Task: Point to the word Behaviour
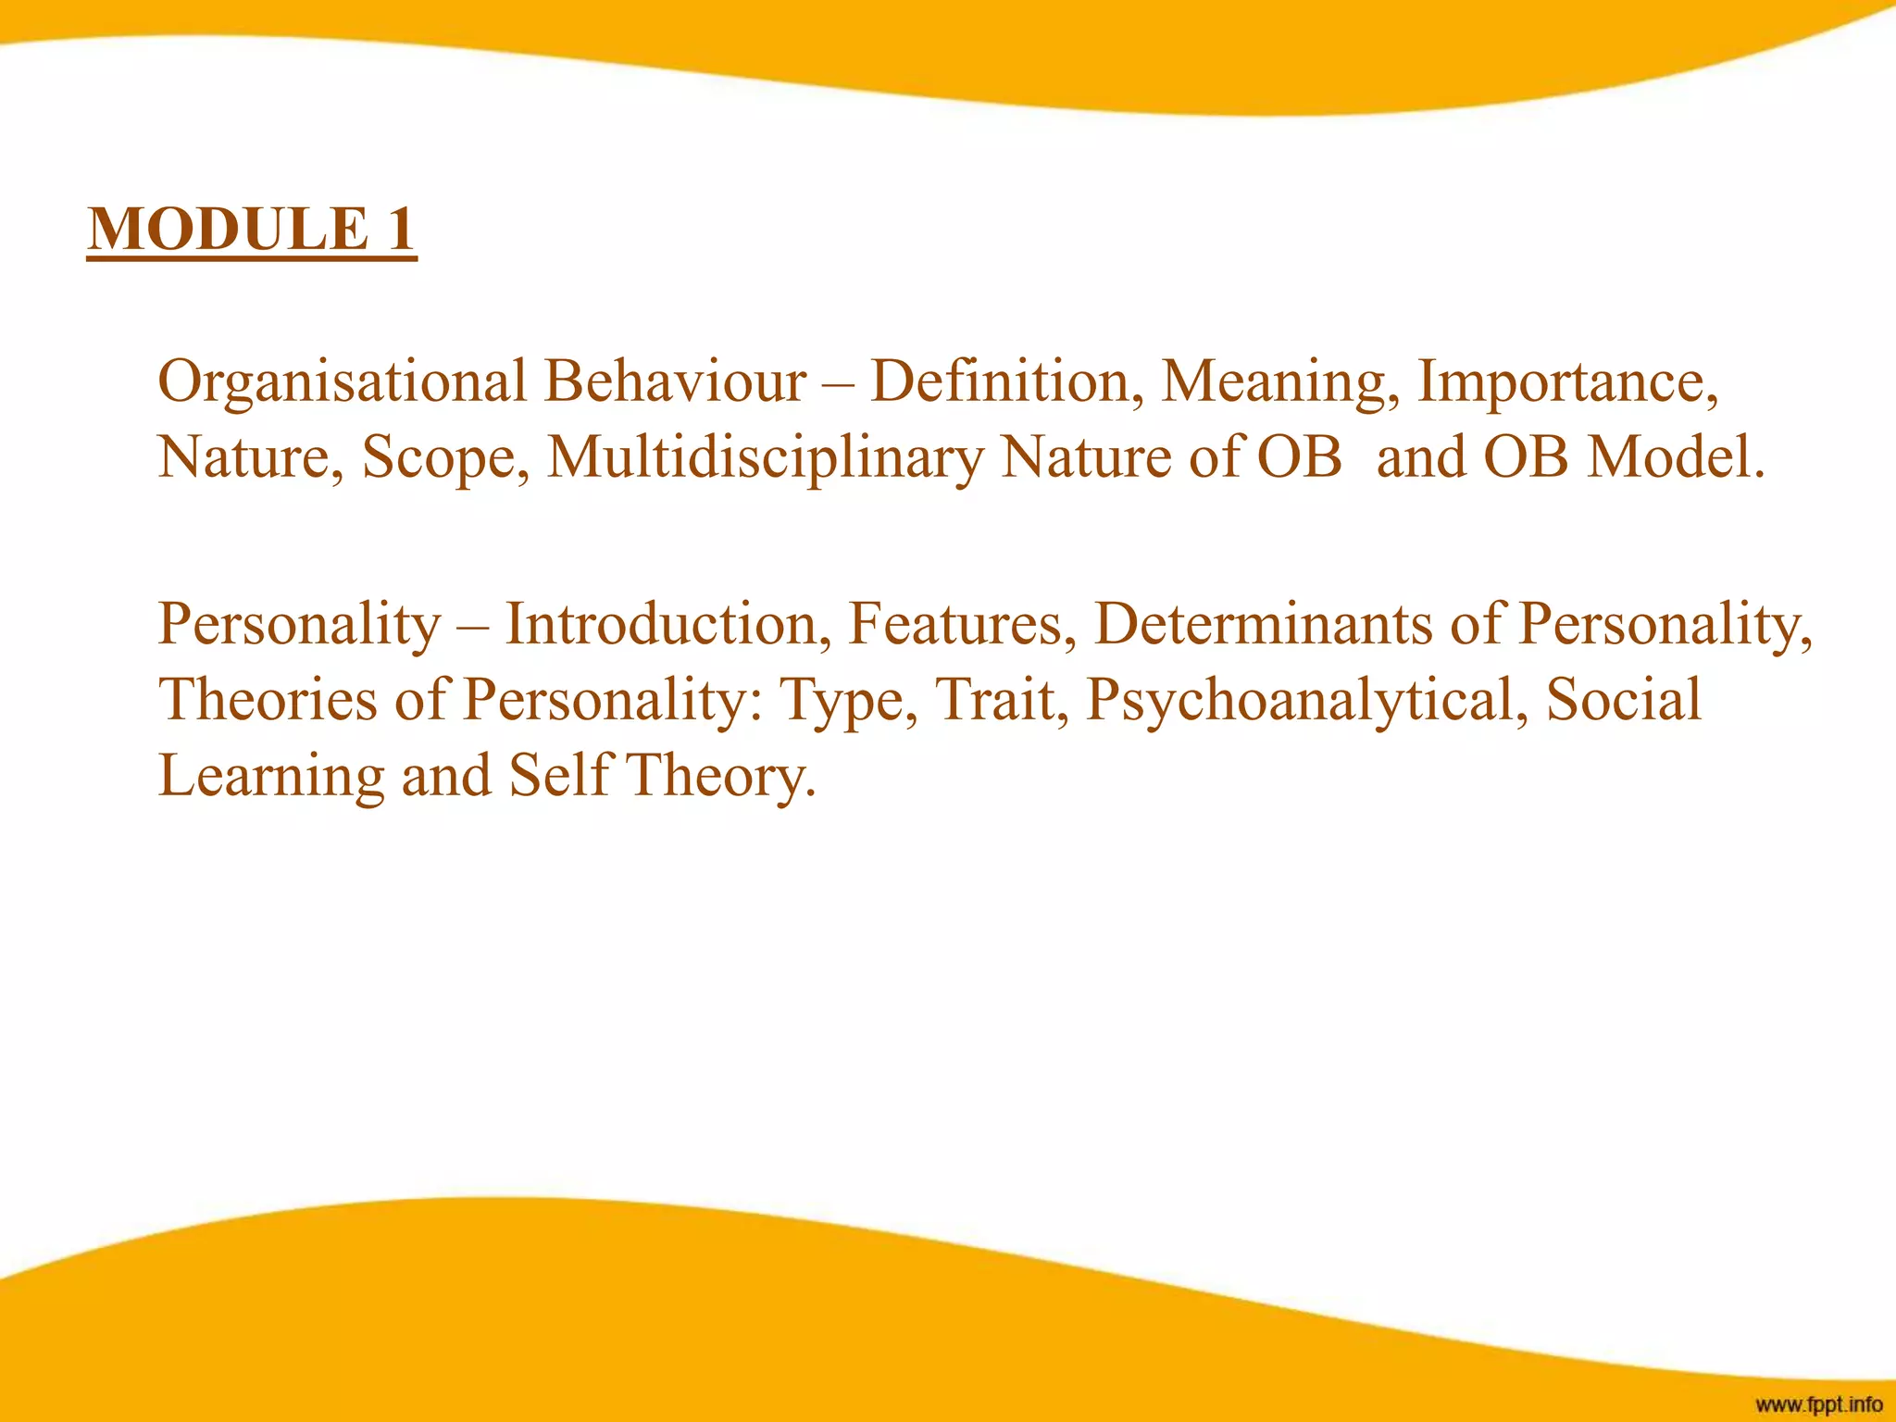pos(675,381)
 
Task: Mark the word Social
pos(1624,699)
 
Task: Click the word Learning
pos(271,777)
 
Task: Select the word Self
pos(561,775)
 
